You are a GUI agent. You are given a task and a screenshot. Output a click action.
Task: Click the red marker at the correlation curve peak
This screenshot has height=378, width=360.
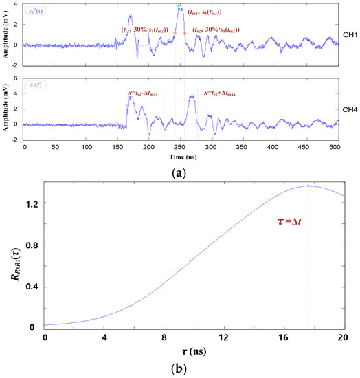[308, 186]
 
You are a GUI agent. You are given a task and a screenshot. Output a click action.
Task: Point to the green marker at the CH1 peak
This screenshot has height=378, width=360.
[179, 5]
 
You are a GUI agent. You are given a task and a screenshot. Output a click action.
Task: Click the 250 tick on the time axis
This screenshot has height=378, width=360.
[180, 147]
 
